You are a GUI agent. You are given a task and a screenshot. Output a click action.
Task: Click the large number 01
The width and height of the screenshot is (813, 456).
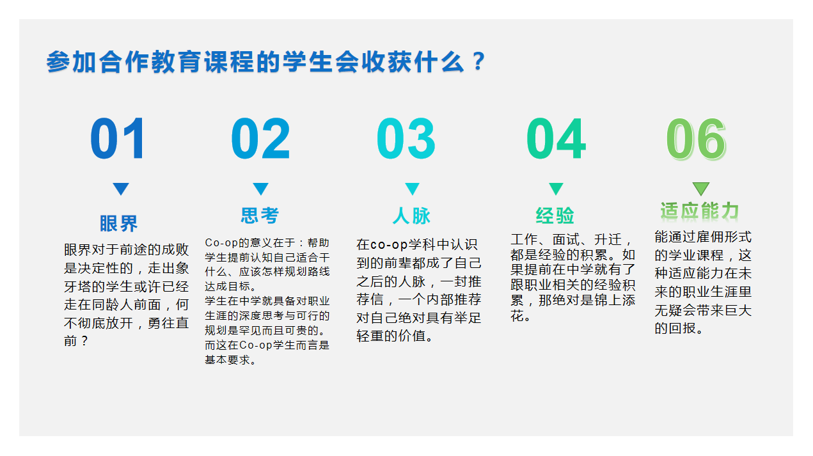pos(118,138)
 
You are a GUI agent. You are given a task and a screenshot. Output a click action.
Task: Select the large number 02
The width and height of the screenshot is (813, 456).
pos(260,138)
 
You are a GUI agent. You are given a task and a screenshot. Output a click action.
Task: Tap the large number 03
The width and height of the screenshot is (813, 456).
pos(406,138)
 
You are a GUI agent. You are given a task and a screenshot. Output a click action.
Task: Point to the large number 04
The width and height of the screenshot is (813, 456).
pos(556,138)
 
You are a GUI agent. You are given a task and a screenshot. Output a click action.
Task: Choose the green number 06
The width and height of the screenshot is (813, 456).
pos(696,139)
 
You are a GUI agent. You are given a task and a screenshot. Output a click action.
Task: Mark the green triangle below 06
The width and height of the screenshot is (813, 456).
pos(701,189)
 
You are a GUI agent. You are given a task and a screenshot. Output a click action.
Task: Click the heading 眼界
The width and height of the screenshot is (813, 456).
pos(119,223)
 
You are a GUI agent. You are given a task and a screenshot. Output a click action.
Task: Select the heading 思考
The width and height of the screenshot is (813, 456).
pos(260,216)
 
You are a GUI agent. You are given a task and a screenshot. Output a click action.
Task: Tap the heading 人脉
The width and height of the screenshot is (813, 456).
pos(411,216)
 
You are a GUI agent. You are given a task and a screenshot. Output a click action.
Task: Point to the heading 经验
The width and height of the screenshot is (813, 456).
pos(555,216)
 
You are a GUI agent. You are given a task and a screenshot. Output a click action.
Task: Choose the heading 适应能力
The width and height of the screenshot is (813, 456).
pos(699,211)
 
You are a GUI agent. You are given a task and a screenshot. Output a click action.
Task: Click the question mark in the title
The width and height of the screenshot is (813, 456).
pos(479,61)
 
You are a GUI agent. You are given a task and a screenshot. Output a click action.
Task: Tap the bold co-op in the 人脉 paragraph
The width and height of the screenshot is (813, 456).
pos(389,244)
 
